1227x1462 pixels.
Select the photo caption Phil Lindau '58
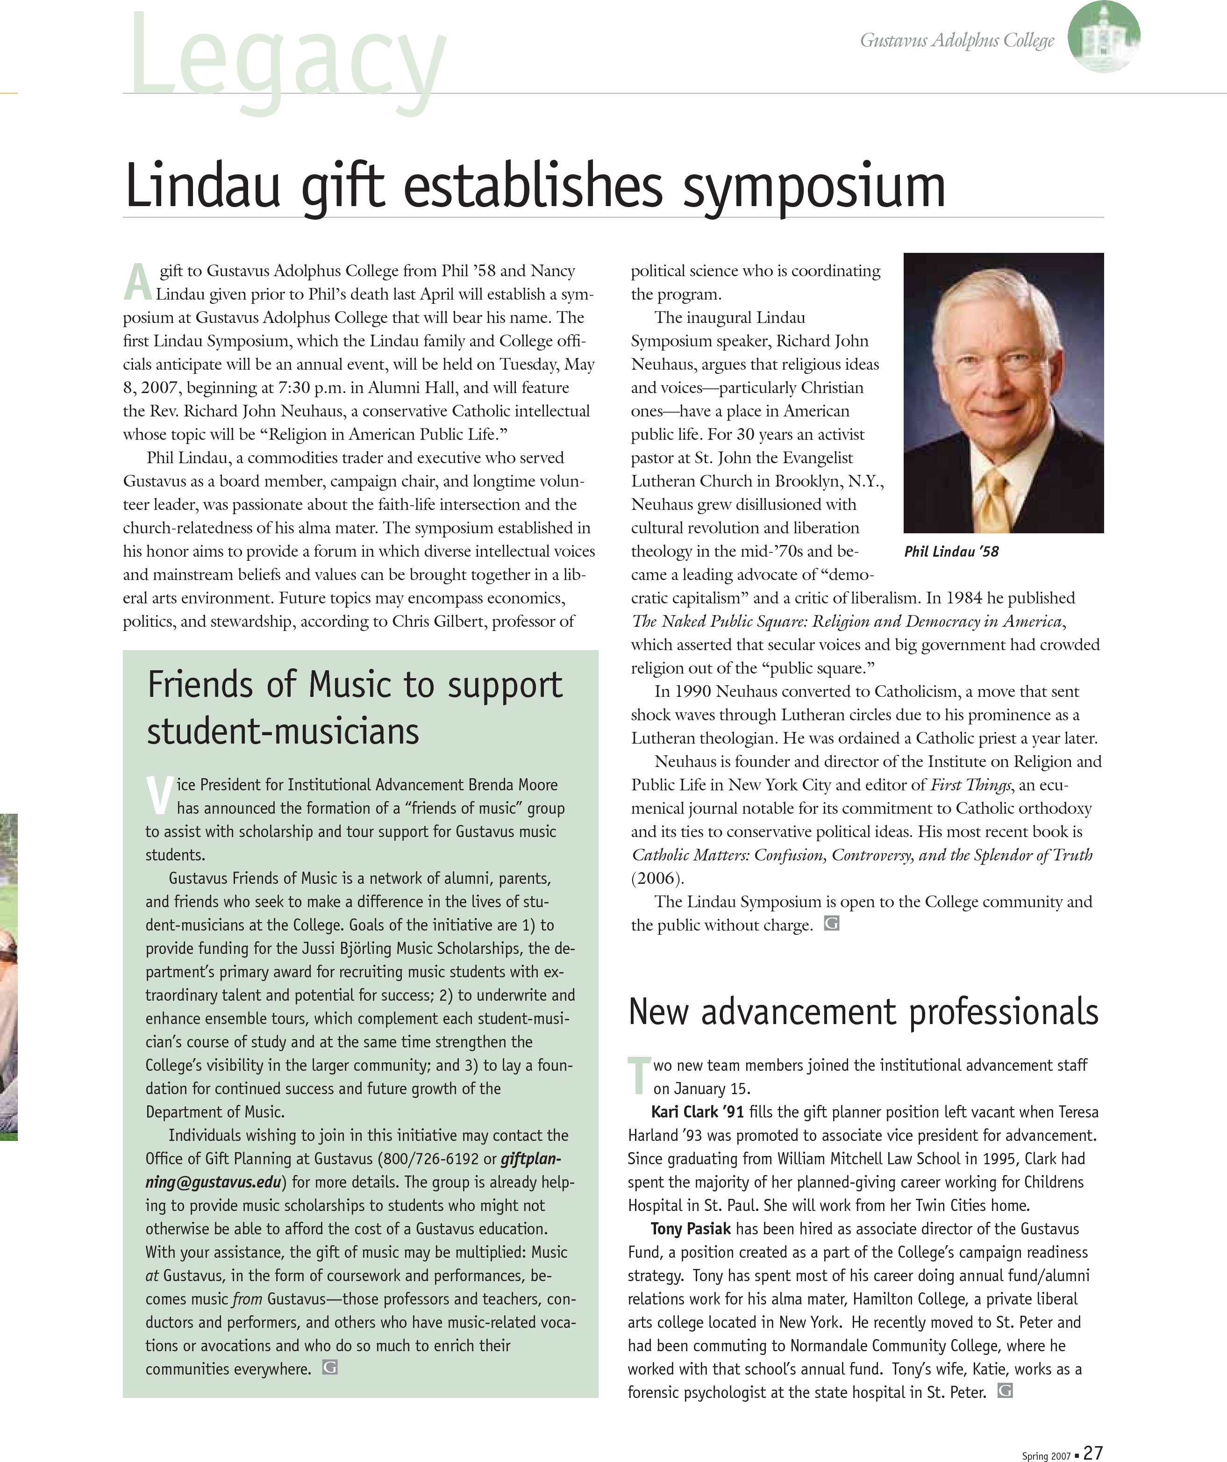click(x=951, y=552)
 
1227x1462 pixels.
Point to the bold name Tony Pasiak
click(x=691, y=1229)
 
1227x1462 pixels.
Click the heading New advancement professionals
click(x=863, y=1013)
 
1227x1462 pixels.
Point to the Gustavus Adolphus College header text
click(x=957, y=40)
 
